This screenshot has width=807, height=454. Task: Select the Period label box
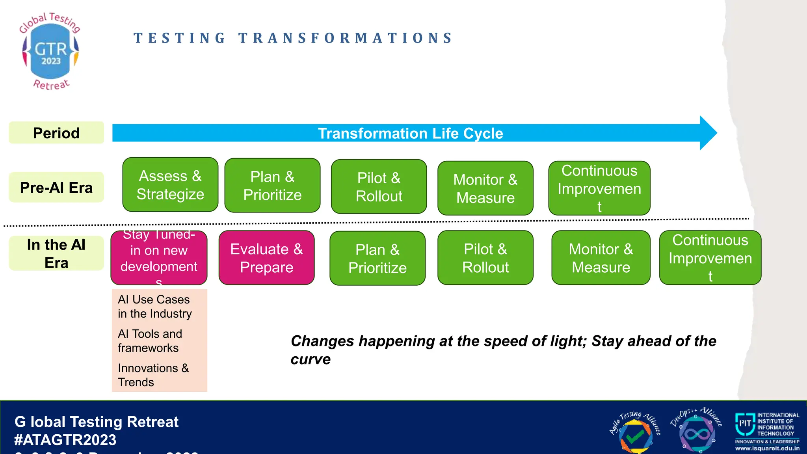point(56,133)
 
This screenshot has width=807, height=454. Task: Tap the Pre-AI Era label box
point(56,187)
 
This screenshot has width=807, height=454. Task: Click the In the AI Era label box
point(56,253)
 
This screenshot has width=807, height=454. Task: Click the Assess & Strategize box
point(170,185)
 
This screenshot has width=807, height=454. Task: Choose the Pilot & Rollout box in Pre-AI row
point(379,187)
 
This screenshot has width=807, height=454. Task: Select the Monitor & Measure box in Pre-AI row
point(485,188)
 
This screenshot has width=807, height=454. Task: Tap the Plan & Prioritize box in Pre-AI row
point(272,186)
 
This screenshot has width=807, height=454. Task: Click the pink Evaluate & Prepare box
point(266,258)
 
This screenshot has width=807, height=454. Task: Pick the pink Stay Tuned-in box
point(159,258)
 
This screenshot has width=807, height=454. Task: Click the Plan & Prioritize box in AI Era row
point(377,259)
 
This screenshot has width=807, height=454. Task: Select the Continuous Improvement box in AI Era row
point(710,258)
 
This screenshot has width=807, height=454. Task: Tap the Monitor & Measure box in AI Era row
point(601,258)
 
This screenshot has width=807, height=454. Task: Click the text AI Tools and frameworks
point(150,341)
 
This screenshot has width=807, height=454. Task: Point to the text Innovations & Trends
point(153,375)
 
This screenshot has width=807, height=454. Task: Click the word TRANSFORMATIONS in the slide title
point(346,38)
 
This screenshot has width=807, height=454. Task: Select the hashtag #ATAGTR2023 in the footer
point(65,440)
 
